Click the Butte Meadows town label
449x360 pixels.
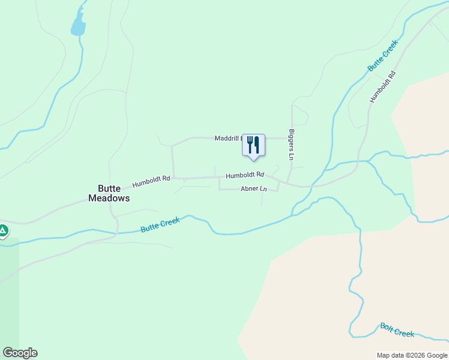(109, 192)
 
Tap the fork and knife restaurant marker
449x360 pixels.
(253, 145)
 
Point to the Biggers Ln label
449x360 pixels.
(292, 145)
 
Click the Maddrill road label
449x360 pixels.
(228, 138)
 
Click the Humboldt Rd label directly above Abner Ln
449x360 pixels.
(245, 175)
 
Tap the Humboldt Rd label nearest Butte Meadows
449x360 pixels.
(151, 178)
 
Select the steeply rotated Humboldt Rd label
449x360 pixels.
(383, 87)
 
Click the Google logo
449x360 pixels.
(20, 353)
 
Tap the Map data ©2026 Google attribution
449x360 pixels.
(412, 355)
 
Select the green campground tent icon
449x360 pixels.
(3, 230)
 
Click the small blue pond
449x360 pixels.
(78, 26)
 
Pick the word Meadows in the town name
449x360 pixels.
(109, 197)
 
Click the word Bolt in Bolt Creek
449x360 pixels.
(387, 327)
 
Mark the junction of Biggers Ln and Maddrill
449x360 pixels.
(292, 138)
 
